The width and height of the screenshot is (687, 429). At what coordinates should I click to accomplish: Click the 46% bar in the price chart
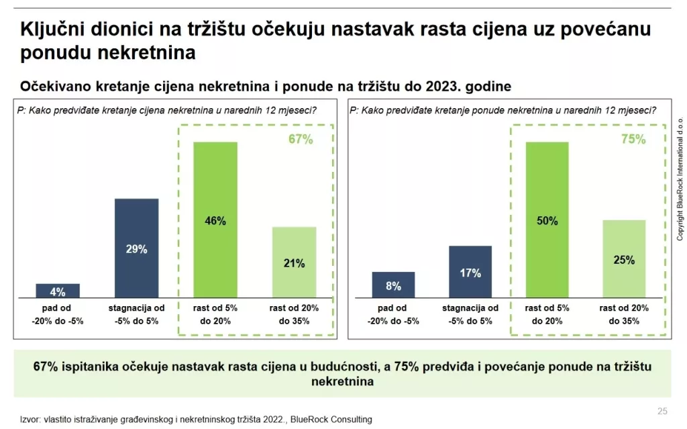pos(215,220)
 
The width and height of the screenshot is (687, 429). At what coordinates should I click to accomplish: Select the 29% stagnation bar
pos(137,248)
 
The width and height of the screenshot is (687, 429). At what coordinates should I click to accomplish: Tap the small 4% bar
pos(58,291)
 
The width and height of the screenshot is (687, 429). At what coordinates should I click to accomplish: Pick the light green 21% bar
pos(294,263)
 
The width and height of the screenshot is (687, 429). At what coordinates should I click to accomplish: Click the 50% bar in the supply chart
pos(547,220)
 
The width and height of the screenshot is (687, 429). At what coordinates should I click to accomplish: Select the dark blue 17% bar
pos(470,272)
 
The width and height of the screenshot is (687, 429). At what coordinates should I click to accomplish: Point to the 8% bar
pos(393,285)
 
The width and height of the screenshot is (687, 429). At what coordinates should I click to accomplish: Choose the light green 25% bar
pos(624,259)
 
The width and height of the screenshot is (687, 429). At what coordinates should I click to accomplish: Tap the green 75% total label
pos(633,140)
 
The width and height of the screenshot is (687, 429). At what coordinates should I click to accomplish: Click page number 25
pos(662,411)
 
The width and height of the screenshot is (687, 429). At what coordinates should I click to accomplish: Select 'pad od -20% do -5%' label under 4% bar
pos(58,314)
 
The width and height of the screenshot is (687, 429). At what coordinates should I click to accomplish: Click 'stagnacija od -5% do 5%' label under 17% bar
pos(470,314)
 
